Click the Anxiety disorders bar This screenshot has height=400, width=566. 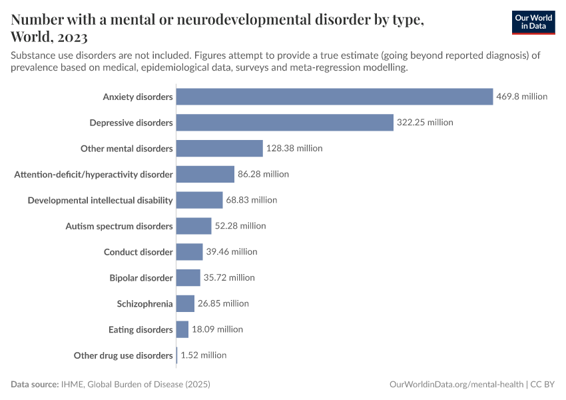tap(334, 97)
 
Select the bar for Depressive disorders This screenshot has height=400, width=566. tap(285, 123)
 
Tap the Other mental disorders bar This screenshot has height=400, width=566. tap(220, 149)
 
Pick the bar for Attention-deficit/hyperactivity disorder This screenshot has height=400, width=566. tap(205, 175)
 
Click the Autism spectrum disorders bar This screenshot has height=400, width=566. tap(194, 226)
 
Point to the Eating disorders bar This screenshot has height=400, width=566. tap(182, 329)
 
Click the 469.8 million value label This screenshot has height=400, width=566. tap(521, 97)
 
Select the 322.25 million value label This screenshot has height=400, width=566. tap(425, 123)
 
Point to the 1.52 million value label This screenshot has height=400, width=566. tap(203, 355)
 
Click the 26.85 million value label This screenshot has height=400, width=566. tap(223, 303)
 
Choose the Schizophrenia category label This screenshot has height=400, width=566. tap(144, 304)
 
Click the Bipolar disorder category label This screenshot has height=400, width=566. tap(141, 278)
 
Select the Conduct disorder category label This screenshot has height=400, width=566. tap(139, 252)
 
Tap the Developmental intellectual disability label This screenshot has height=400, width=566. tap(100, 200)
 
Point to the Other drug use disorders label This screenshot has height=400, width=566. tap(123, 355)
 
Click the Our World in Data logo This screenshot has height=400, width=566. tap(533, 21)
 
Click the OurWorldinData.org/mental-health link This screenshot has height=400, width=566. tap(456, 385)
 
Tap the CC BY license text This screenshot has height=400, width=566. tap(543, 385)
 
